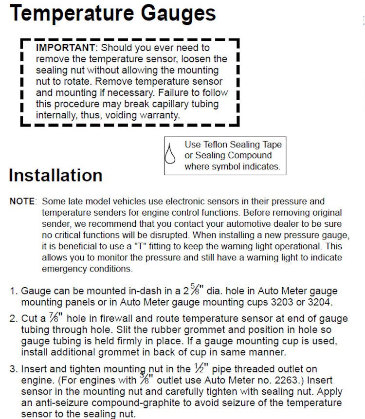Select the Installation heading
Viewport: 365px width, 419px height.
click(x=55, y=175)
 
